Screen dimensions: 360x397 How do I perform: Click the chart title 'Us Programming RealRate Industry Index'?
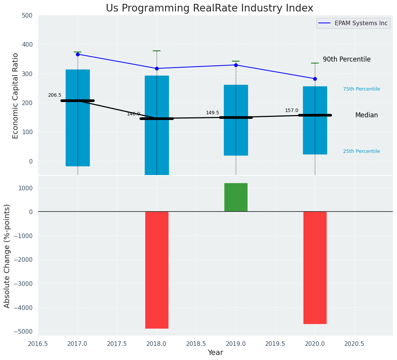click(209, 8)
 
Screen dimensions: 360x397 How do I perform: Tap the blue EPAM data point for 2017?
click(78, 54)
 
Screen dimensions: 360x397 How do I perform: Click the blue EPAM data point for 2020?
click(315, 79)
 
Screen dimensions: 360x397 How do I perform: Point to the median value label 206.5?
click(55, 95)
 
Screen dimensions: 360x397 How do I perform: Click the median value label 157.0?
click(292, 110)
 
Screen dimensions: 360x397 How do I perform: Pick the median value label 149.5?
click(212, 113)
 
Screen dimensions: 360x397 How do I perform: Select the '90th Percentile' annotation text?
click(347, 59)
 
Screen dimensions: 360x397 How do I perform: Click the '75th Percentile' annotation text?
click(361, 89)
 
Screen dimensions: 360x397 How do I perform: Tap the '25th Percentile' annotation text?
click(361, 151)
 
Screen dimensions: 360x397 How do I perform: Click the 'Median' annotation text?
click(366, 115)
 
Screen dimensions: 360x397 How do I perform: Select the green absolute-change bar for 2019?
click(236, 197)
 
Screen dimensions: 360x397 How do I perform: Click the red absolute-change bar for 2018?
click(157, 270)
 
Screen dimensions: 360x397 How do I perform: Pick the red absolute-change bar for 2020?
click(315, 268)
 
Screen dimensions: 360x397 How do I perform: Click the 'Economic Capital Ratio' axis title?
click(16, 96)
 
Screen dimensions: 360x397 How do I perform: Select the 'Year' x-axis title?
click(216, 353)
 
